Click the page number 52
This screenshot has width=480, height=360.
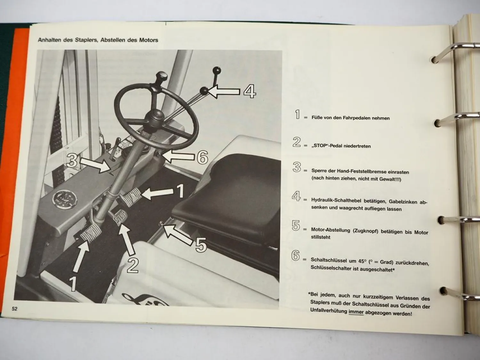pyautogui.click(x=14, y=309)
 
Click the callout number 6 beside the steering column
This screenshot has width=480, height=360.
pyautogui.click(x=202, y=157)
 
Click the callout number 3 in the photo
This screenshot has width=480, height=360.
pyautogui.click(x=72, y=160)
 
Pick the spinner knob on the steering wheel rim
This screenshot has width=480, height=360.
pyautogui.click(x=162, y=77)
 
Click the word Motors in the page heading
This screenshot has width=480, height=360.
pyautogui.click(x=148, y=40)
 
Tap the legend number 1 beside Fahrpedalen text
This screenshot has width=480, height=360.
pyautogui.click(x=297, y=114)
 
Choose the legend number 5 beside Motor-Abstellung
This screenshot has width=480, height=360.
pyautogui.click(x=296, y=226)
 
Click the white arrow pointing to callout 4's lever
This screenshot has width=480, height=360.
pyautogui.click(x=224, y=92)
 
